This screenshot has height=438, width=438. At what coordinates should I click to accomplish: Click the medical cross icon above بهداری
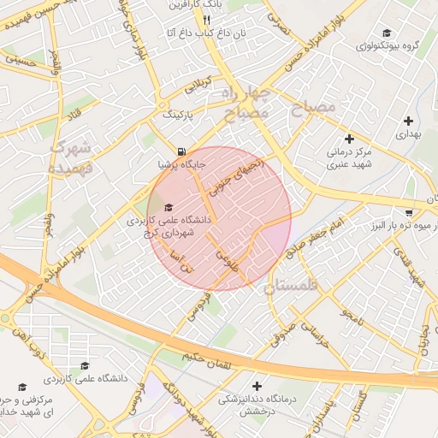tap(408, 121)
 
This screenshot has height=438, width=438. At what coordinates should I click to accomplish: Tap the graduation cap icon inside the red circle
tap(168, 207)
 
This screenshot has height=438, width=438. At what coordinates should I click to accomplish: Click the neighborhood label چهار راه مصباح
tap(246, 102)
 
